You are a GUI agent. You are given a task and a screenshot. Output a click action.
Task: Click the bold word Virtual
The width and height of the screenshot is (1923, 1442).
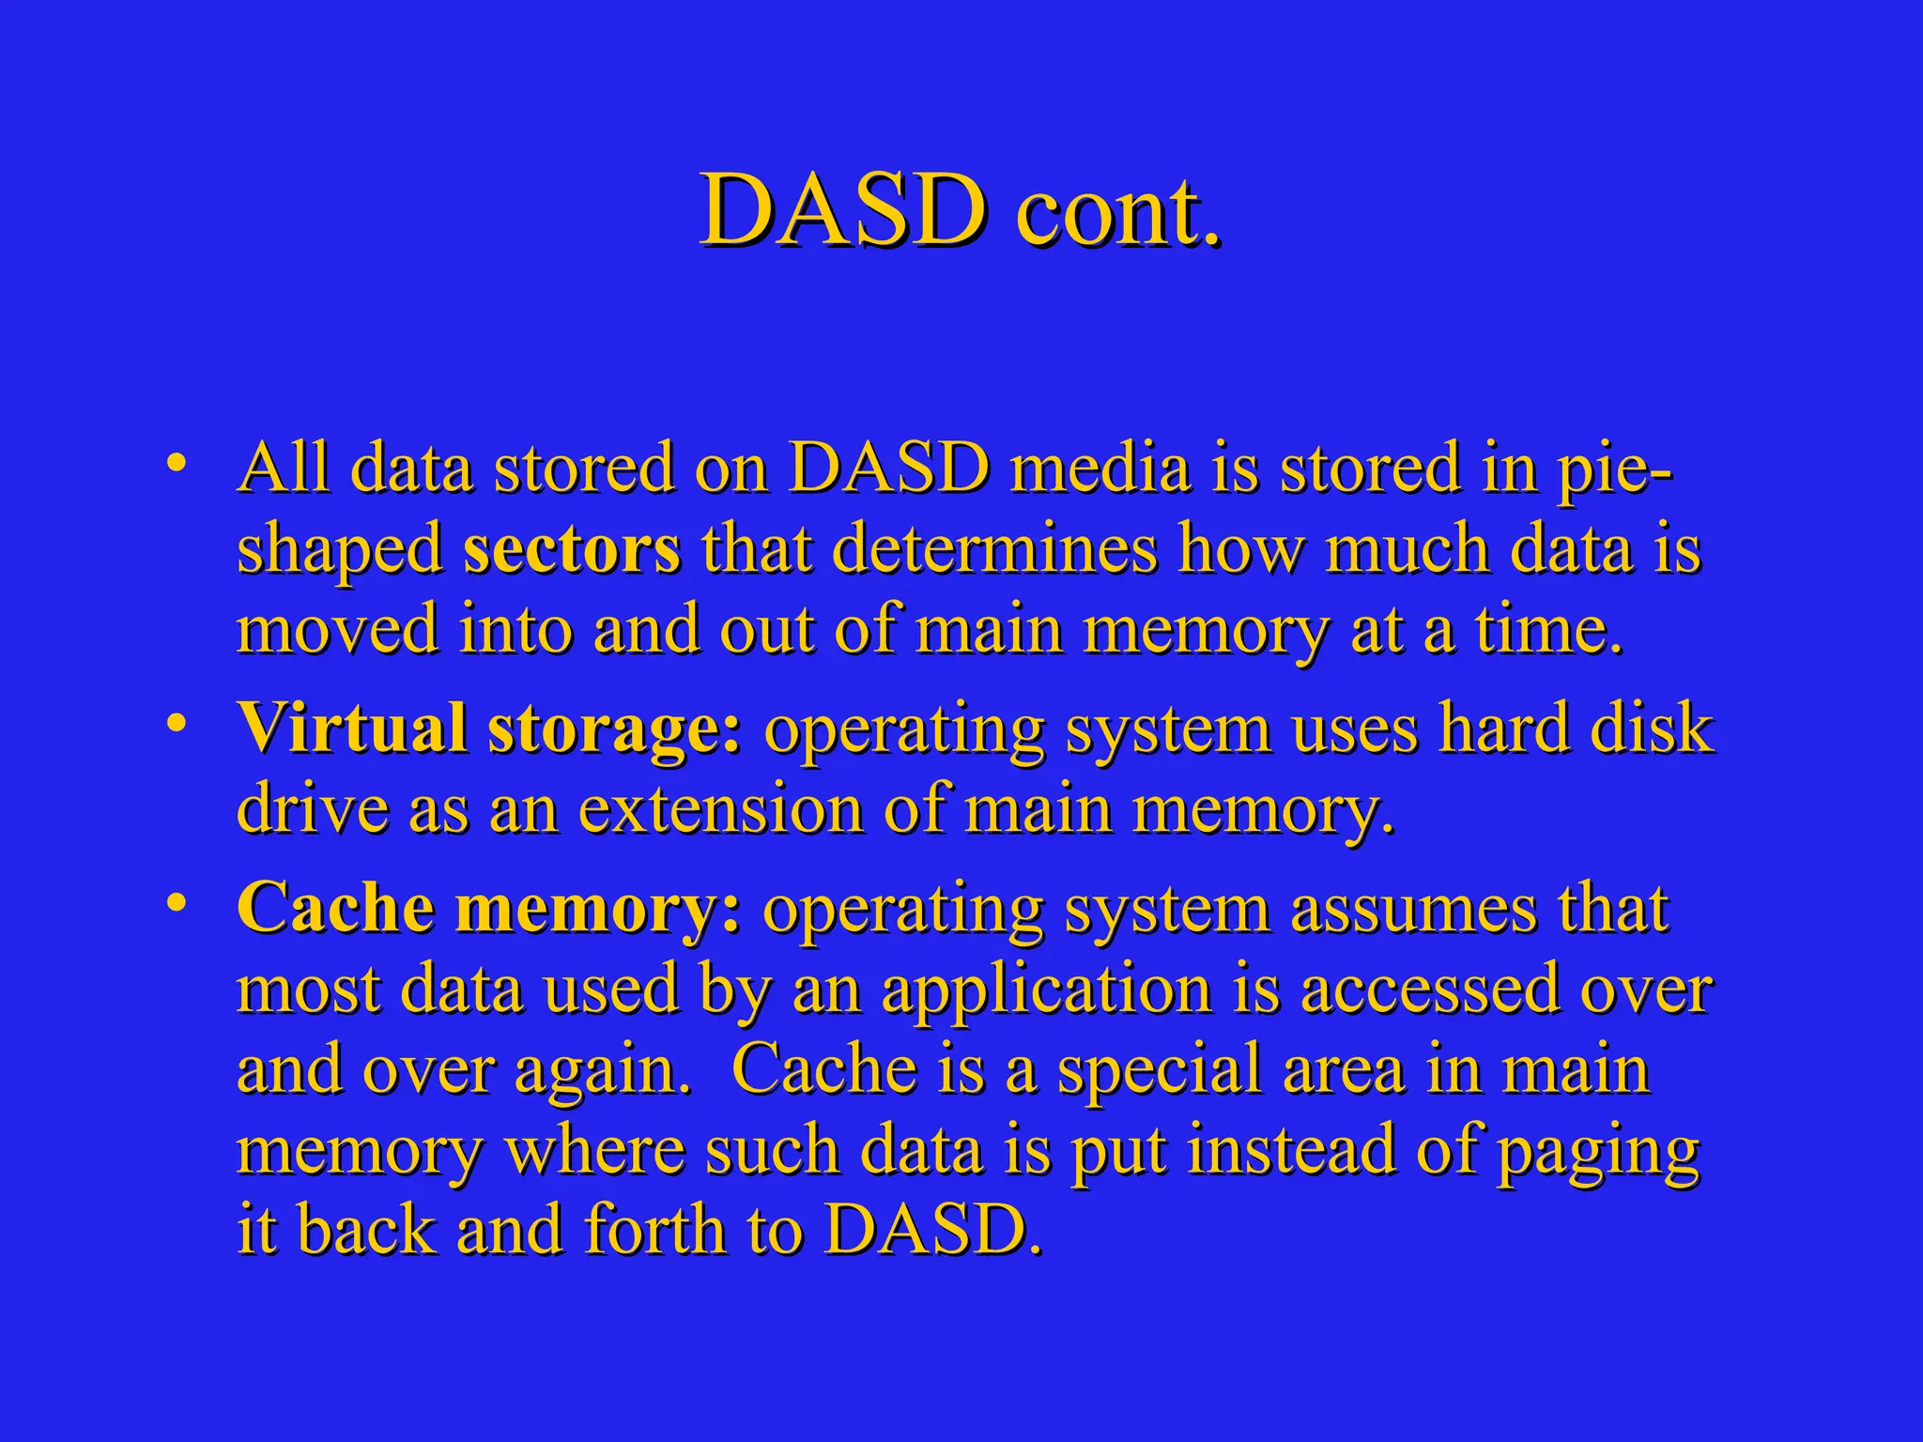coord(352,728)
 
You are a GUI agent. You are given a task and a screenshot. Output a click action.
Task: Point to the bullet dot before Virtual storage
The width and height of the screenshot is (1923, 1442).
coord(175,724)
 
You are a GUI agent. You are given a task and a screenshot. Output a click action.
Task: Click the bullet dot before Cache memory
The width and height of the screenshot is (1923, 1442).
coord(175,903)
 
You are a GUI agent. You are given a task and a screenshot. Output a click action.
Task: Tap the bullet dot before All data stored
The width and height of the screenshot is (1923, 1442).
coord(175,464)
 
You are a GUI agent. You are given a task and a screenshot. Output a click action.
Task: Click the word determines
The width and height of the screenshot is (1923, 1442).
coord(994,548)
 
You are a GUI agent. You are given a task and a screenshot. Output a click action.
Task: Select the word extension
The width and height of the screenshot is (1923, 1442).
coord(719,808)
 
